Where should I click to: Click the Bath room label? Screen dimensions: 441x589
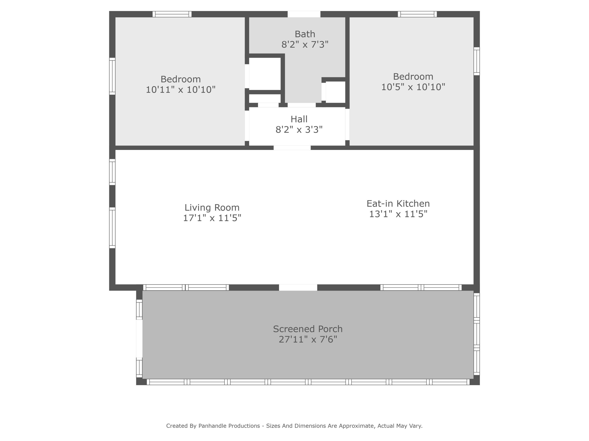click(305, 34)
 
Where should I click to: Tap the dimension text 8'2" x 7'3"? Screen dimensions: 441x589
click(305, 44)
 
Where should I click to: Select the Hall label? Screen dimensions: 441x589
click(299, 119)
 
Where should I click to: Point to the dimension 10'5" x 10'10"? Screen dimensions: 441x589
click(413, 87)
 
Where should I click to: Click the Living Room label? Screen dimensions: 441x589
click(212, 207)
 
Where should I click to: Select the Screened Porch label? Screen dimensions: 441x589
click(307, 329)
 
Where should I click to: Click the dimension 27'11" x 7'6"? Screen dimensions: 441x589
click(307, 339)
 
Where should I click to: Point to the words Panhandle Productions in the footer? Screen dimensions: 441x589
click(229, 426)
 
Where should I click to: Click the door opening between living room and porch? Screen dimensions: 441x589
click(298, 287)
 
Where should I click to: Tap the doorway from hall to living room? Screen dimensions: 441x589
click(292, 148)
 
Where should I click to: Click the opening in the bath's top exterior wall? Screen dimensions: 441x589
click(304, 14)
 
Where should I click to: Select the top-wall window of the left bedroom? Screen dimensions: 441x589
click(172, 14)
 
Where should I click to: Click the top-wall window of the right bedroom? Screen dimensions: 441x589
click(417, 14)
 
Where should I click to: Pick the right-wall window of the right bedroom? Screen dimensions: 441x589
click(477, 61)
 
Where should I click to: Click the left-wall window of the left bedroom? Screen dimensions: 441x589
click(112, 76)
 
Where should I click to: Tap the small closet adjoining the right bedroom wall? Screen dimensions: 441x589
click(335, 92)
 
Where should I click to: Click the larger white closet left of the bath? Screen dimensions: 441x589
click(265, 74)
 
